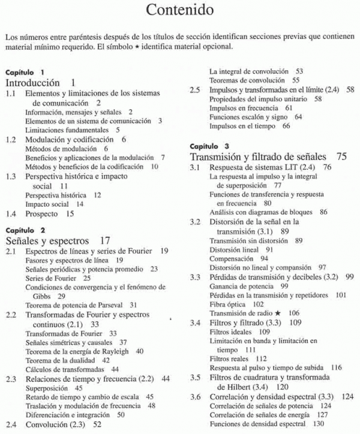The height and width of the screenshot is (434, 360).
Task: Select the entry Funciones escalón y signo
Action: tap(248, 117)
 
